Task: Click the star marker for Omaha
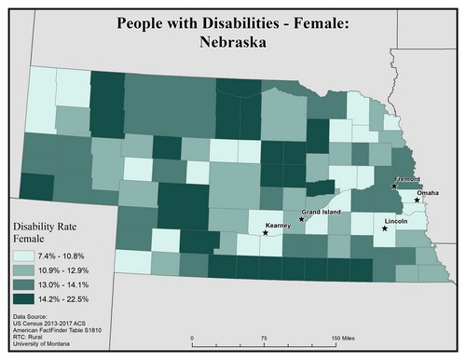418,201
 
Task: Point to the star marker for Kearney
266,233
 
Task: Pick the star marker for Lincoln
385,228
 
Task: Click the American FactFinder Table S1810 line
59,333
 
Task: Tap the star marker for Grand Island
301,220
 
